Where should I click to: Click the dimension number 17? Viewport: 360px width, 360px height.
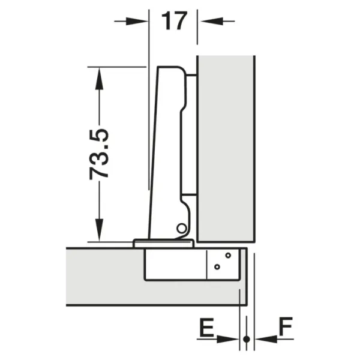[174, 21]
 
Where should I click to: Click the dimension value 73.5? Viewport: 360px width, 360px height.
[99, 154]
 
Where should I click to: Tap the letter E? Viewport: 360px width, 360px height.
[207, 327]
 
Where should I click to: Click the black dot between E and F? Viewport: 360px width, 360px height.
[247, 339]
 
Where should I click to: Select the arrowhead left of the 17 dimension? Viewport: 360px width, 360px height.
[137, 22]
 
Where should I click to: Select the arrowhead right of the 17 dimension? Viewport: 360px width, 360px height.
[212, 21]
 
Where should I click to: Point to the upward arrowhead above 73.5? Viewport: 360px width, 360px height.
[99, 79]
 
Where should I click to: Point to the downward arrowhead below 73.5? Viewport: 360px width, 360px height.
[99, 230]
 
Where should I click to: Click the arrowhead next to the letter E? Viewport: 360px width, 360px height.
[228, 339]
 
